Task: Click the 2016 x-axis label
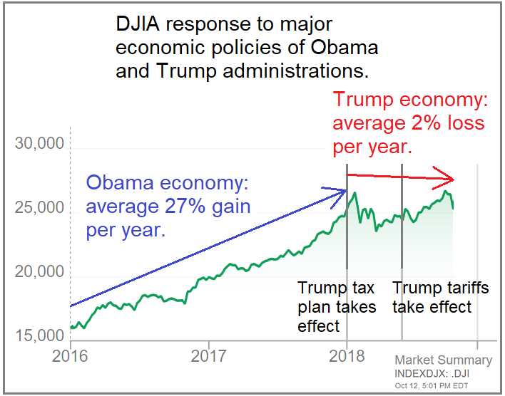tap(70, 355)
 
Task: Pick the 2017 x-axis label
tap(208, 355)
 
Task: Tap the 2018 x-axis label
tap(347, 355)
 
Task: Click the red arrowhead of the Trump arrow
tap(447, 177)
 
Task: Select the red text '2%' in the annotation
tap(414, 123)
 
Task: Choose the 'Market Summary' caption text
tap(443, 360)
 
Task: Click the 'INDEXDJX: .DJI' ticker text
tap(432, 373)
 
